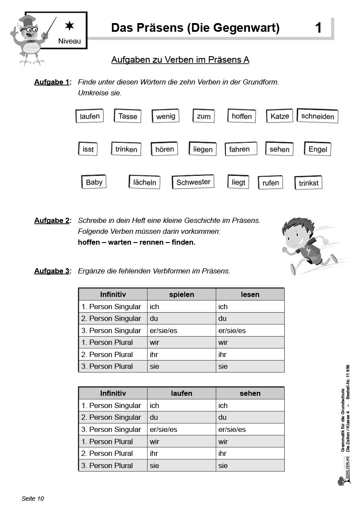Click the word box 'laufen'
click(90, 116)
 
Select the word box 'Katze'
click(279, 116)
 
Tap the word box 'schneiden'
click(318, 116)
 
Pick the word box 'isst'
click(88, 149)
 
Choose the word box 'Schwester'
click(193, 182)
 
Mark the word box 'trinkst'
click(309, 183)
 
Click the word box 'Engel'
click(318, 149)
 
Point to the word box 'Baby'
click(94, 182)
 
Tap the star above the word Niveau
click(69, 26)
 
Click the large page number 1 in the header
click(318, 28)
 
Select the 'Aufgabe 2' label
click(52, 220)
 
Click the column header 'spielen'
click(182, 294)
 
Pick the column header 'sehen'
click(250, 393)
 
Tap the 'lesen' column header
click(250, 294)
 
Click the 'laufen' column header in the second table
click(182, 393)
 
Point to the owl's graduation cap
click(27, 20)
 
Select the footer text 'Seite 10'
click(33, 499)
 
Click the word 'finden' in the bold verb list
click(183, 242)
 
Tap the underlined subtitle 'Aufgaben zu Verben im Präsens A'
click(180, 60)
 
